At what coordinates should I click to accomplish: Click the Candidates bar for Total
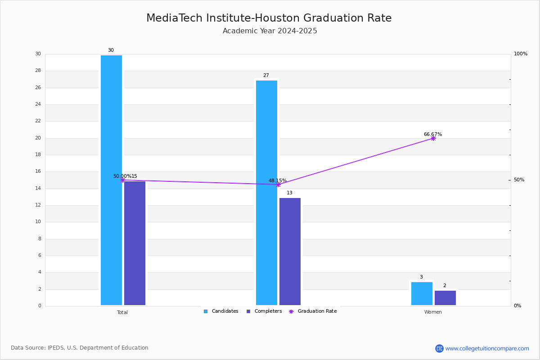pos(112,180)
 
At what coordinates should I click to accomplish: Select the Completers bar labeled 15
pos(135,243)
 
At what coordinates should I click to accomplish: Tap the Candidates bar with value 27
pos(266,193)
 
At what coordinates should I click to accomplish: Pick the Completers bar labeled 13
pos(290,252)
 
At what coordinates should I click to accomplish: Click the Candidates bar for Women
pos(422,293)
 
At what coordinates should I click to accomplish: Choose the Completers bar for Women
pos(445,298)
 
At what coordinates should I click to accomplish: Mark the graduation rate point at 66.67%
pos(433,139)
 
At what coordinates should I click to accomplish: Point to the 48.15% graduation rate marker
pos(278,184)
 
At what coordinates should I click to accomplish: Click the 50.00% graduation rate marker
pos(123,180)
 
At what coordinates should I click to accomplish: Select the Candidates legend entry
pos(221,311)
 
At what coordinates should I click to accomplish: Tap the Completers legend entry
pos(264,311)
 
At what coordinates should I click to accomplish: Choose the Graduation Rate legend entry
pos(313,311)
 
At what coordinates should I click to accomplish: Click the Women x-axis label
pos(433,312)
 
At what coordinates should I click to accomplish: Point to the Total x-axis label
pos(122,312)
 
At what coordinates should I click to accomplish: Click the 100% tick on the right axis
pos(521,54)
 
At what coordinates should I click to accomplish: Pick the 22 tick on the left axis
pos(38,121)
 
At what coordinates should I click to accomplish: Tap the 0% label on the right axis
pos(517,306)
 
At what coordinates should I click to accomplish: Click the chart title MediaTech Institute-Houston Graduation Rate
pos(269,18)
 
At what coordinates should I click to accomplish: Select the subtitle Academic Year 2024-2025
pos(270,31)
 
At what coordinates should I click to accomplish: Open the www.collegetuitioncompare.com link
pos(487,348)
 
